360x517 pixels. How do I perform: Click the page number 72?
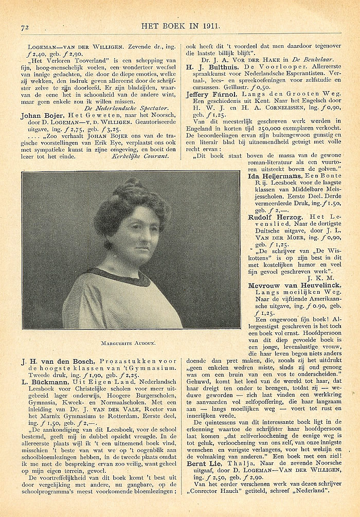(x=25, y=27)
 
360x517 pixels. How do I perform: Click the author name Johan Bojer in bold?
(x=41, y=116)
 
